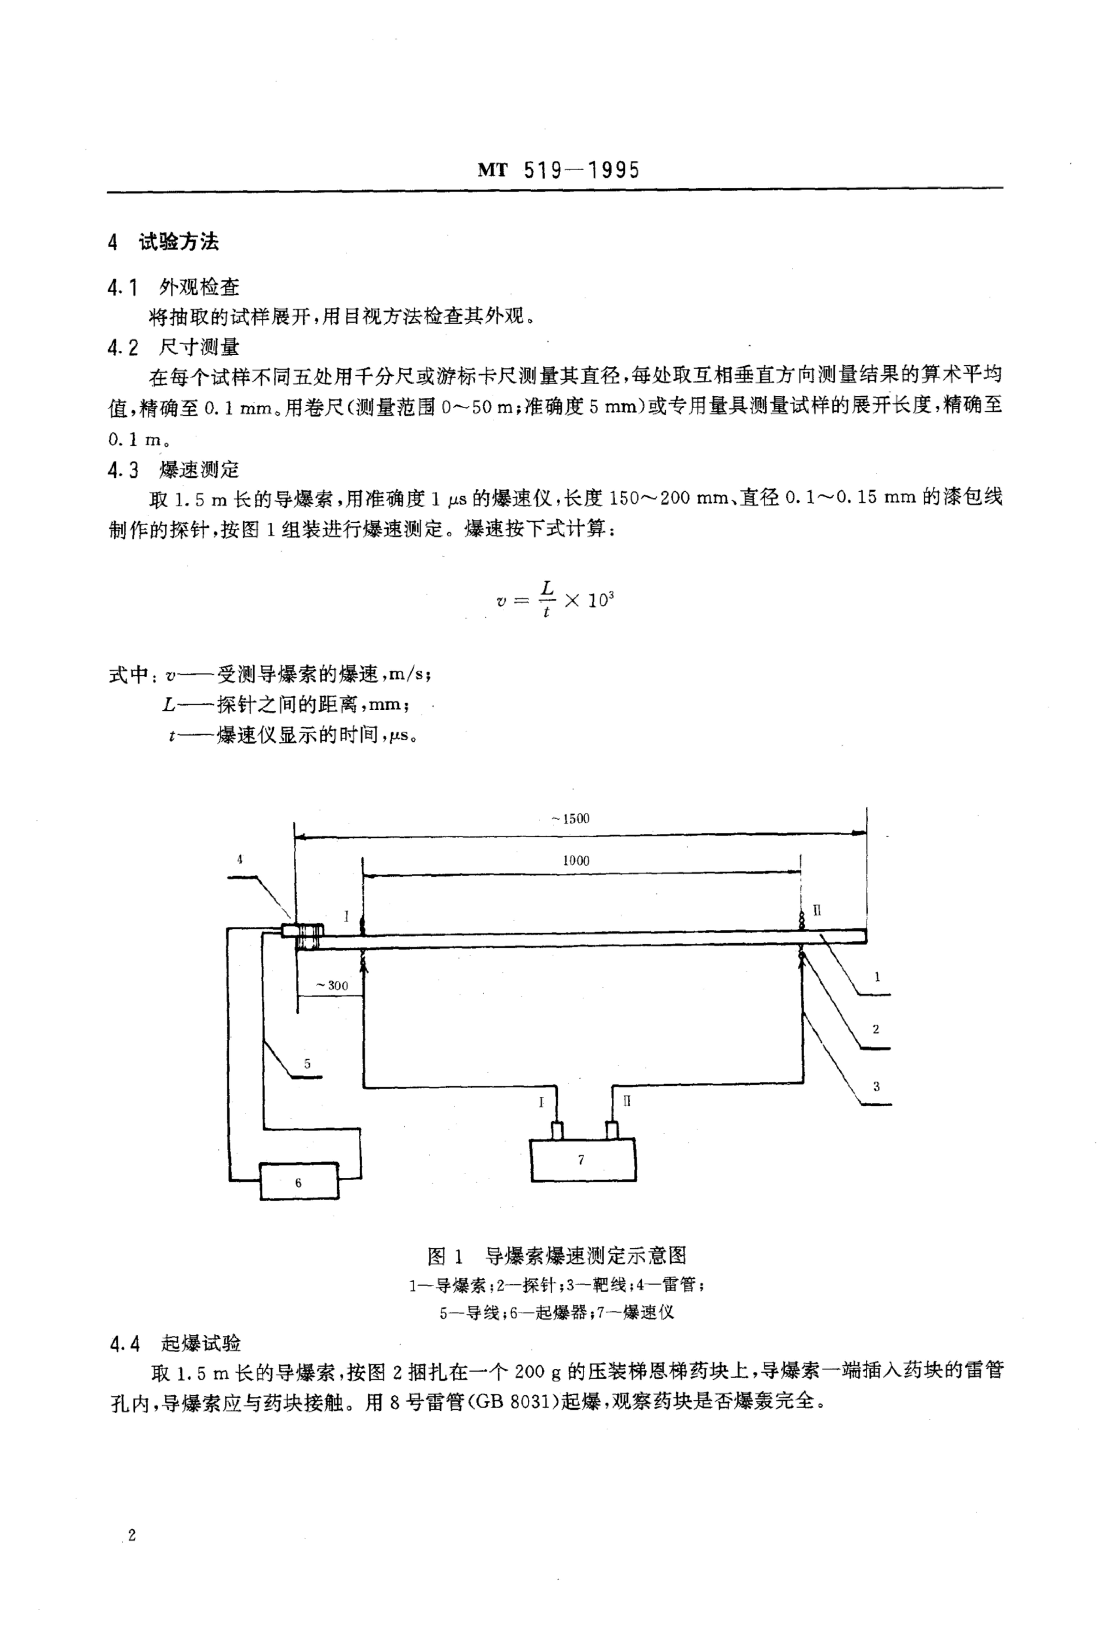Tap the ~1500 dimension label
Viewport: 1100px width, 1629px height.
click(570, 818)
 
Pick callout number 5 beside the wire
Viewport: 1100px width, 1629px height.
click(307, 1063)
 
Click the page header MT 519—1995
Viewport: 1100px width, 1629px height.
click(558, 170)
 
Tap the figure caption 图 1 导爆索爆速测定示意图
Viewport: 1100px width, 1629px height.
click(557, 1255)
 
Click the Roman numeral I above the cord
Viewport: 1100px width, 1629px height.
click(346, 915)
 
